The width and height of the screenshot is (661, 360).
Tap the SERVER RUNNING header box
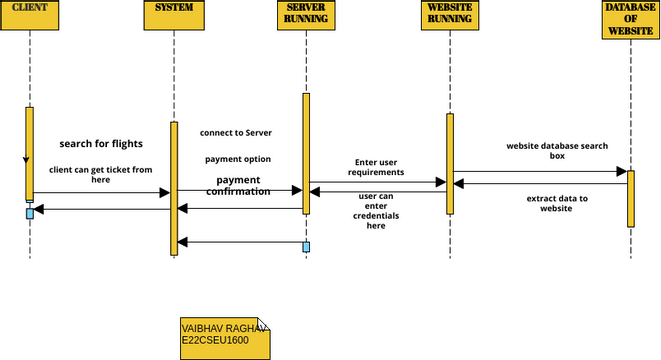(x=305, y=14)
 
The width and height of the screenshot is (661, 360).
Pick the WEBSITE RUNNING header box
(x=449, y=14)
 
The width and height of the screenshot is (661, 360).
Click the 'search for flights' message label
(x=101, y=143)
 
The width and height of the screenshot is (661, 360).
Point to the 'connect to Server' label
(x=235, y=132)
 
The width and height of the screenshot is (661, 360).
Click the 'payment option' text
(x=238, y=159)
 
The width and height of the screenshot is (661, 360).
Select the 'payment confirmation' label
(x=238, y=185)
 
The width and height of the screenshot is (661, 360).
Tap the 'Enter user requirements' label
(x=376, y=167)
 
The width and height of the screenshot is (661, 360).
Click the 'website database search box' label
(x=557, y=151)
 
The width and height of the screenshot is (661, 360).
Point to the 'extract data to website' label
(x=557, y=203)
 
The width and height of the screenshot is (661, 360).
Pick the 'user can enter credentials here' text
(x=376, y=211)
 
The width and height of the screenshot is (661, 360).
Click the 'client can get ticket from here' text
(x=101, y=175)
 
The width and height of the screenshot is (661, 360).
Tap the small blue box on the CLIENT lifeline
(x=30, y=213)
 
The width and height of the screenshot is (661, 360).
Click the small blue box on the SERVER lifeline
(x=306, y=247)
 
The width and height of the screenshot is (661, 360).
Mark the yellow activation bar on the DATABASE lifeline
(x=631, y=198)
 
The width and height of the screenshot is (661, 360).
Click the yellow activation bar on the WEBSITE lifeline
(x=450, y=164)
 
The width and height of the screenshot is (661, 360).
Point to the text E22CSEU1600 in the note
(x=215, y=341)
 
